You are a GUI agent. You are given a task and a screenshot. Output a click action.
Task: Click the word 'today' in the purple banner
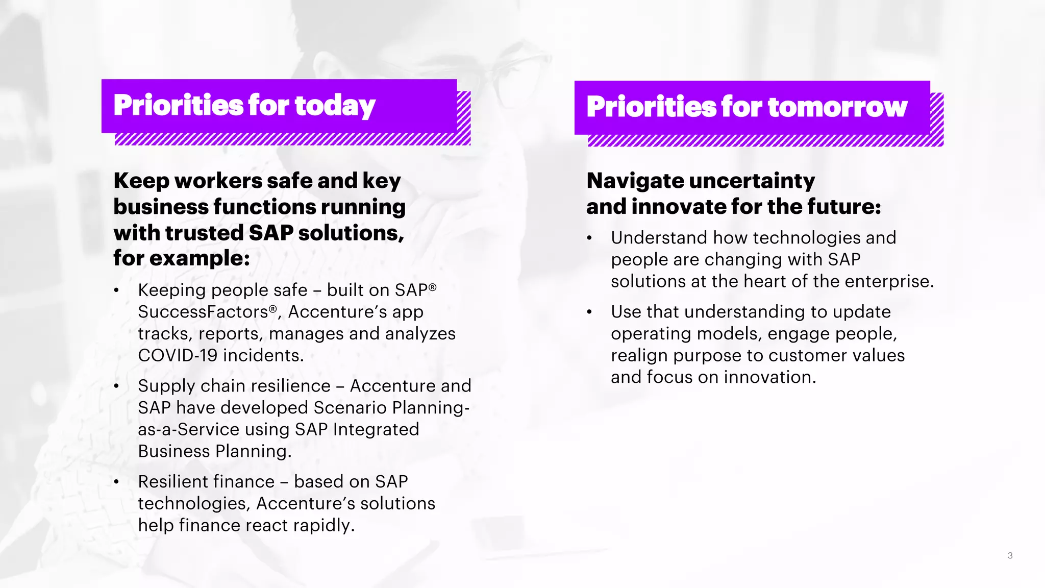point(335,106)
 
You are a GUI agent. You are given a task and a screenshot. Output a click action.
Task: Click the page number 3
point(1010,555)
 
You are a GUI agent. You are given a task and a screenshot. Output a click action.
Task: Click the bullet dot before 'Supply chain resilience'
point(117,386)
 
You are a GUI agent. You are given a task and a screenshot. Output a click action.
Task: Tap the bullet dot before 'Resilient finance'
point(117,482)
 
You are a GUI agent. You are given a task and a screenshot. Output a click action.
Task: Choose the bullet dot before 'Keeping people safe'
point(117,291)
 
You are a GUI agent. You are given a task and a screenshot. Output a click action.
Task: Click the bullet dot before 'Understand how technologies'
point(590,238)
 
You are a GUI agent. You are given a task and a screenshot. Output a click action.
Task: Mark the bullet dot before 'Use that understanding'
point(590,312)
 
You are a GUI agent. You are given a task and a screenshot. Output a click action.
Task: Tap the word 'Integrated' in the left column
point(376,430)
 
